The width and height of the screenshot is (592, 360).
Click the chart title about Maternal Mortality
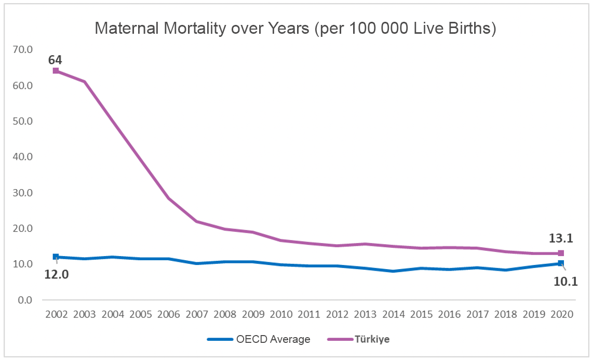[295, 29]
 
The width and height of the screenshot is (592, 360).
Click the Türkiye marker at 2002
[56, 71]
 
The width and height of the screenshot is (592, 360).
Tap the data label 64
[55, 60]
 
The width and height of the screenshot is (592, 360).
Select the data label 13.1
[561, 238]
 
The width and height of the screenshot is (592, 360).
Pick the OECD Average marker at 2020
[561, 263]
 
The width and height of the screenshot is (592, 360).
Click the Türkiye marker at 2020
[561, 253]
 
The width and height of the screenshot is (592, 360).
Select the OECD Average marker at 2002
[56, 257]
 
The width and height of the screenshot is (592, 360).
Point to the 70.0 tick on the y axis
[23, 49]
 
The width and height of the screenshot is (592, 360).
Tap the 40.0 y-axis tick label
[23, 156]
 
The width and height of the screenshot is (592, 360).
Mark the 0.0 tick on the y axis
[25, 300]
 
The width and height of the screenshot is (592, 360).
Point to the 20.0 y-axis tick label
[23, 228]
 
